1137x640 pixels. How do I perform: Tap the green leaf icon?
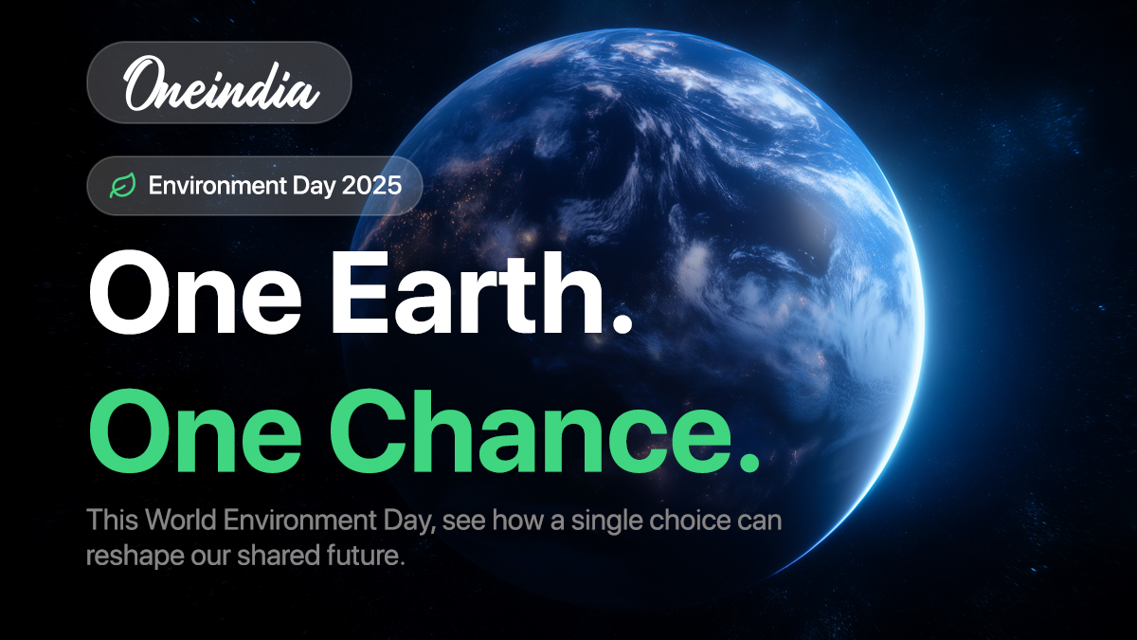click(122, 186)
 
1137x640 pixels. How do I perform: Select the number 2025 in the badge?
click(371, 186)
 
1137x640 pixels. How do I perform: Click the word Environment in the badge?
click(207, 186)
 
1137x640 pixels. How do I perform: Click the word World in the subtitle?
click(181, 521)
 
